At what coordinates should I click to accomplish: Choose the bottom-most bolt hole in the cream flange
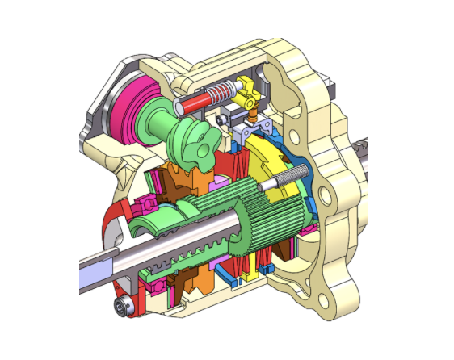pos(326,302)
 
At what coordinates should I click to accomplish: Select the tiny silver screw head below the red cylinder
pos(221,119)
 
